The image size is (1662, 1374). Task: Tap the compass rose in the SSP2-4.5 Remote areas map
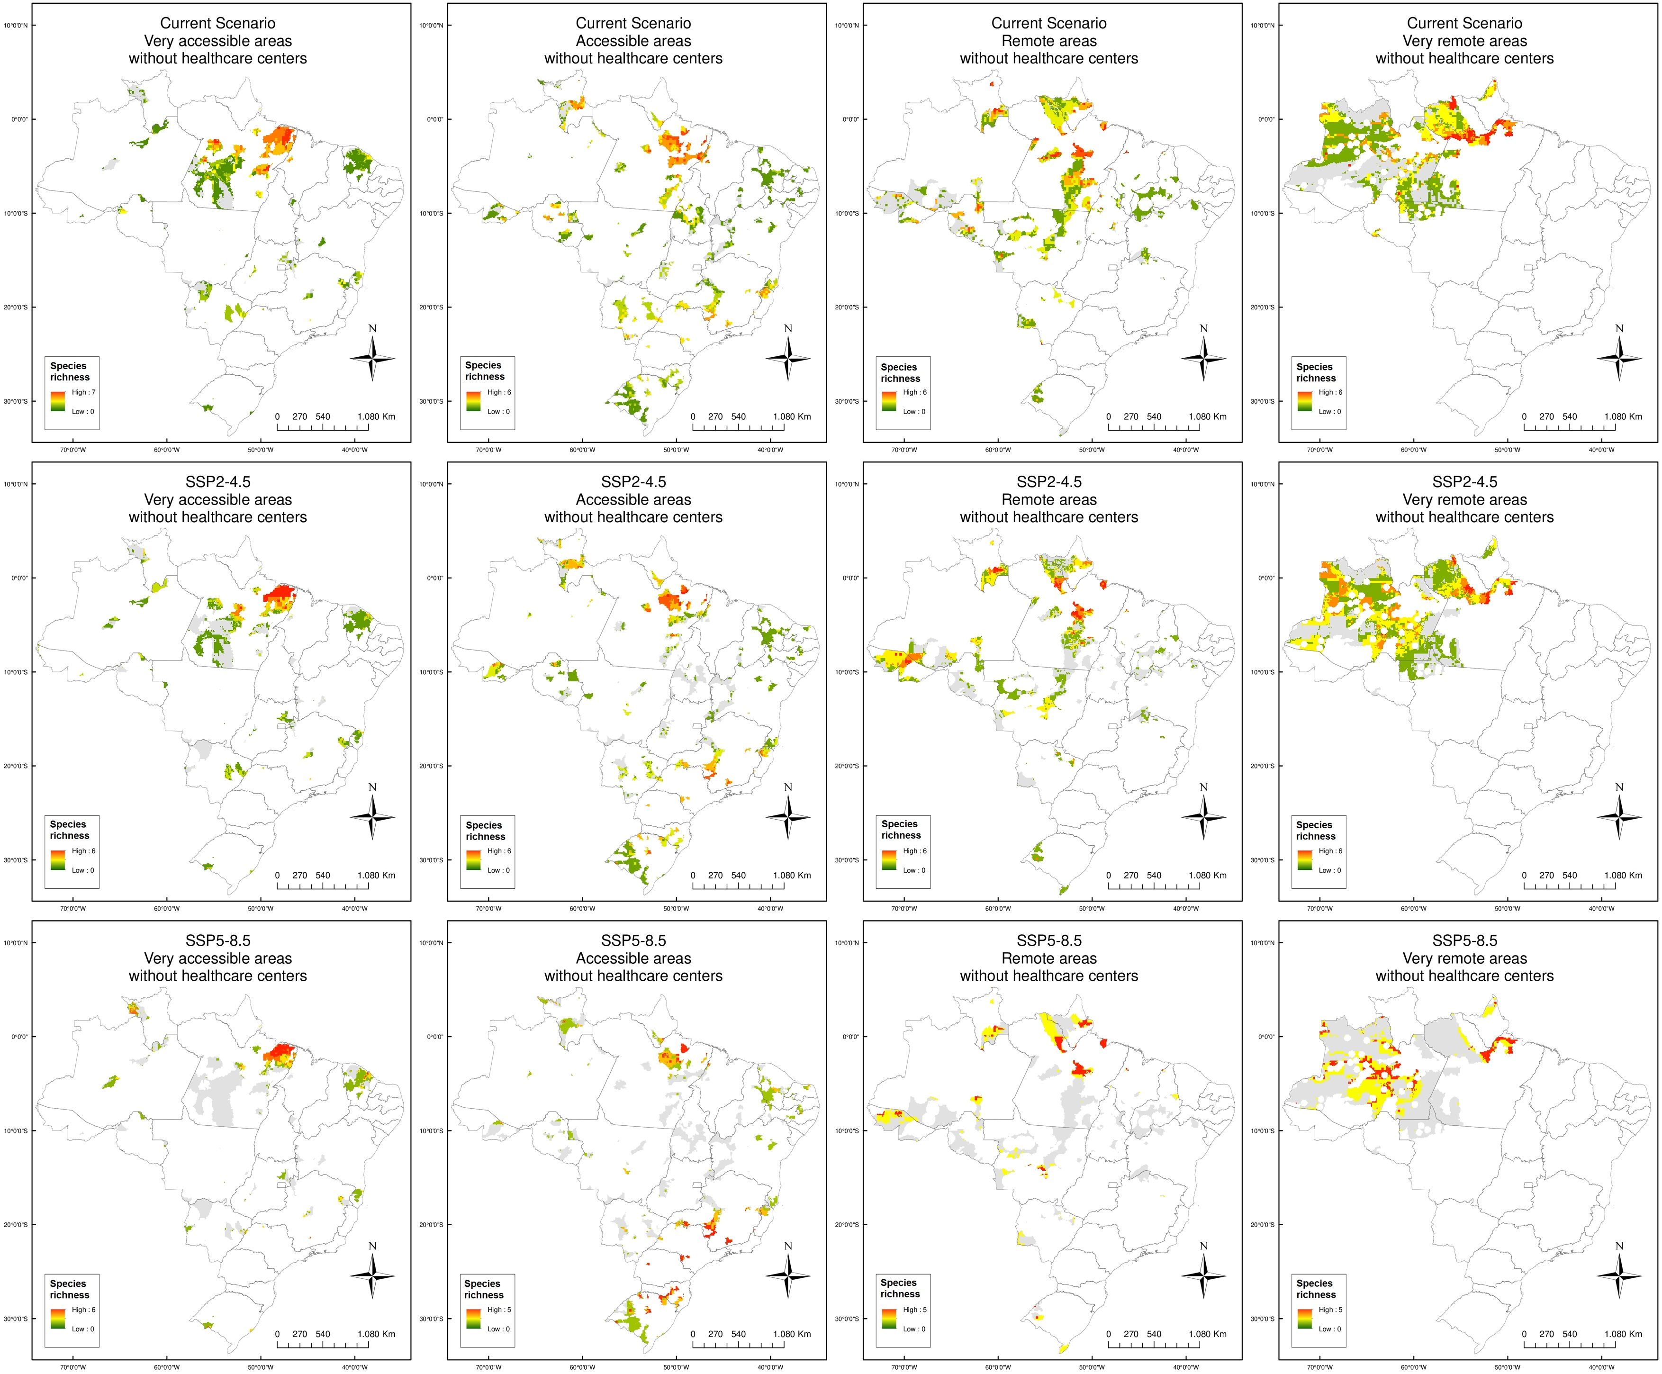point(1204,817)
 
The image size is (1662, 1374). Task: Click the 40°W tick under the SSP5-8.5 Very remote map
point(1601,1365)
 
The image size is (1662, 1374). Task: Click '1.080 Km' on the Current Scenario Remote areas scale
point(1207,416)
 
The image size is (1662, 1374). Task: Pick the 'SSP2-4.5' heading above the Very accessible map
point(217,482)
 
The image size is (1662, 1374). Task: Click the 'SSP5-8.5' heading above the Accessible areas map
point(633,940)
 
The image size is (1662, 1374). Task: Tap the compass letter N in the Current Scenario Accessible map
point(787,328)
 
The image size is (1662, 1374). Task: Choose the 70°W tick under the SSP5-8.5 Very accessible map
point(73,1365)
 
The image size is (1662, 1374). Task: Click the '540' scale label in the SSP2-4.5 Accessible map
point(739,876)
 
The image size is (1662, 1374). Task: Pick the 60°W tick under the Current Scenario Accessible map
point(582,450)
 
